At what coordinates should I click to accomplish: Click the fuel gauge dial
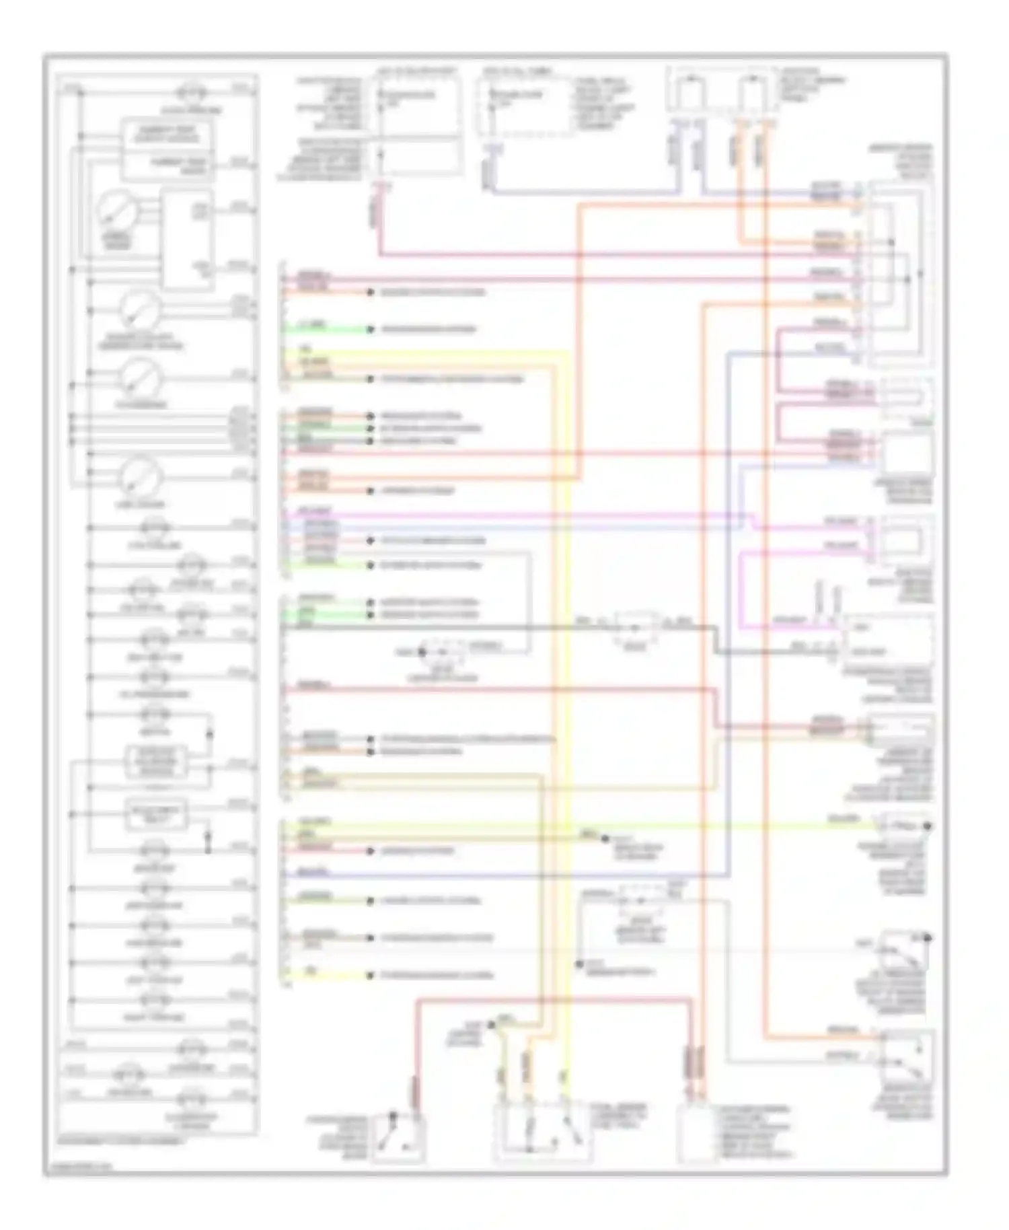[140, 476]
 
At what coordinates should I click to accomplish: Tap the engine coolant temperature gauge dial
[140, 310]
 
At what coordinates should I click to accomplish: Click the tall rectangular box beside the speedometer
[186, 240]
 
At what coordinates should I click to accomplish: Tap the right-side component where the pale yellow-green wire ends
[905, 825]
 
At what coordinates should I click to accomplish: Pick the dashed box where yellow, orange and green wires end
[544, 1134]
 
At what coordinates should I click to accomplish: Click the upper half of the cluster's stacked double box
[166, 133]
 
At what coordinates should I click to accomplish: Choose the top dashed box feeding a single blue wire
[527, 105]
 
